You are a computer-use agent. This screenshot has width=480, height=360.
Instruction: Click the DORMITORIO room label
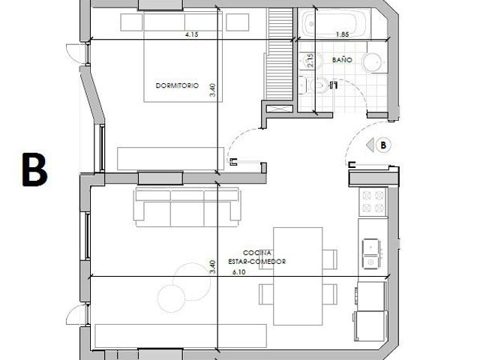(177, 85)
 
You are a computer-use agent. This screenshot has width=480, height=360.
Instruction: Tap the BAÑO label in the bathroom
(342, 60)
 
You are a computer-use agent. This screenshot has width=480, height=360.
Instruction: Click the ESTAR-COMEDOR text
(256, 262)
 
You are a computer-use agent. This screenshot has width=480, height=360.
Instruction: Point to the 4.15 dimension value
(192, 34)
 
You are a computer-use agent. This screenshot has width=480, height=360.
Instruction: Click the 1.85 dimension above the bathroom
(342, 34)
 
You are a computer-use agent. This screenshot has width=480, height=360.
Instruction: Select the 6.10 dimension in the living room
(238, 271)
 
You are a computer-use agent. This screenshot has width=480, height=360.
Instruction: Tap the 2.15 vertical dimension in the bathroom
(310, 60)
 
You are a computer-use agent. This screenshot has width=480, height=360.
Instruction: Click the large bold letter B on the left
(35, 169)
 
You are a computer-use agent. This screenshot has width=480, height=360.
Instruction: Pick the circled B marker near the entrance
(383, 145)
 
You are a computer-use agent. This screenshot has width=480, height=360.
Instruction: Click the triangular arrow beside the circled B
(370, 145)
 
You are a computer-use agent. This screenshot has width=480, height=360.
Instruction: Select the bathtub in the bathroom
(334, 23)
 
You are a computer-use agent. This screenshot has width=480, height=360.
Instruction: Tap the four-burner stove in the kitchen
(373, 202)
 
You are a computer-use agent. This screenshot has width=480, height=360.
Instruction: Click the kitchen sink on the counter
(372, 254)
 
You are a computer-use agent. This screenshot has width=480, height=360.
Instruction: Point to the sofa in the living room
(187, 207)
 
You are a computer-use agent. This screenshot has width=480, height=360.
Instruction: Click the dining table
(298, 276)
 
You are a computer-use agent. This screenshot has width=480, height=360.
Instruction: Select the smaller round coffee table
(172, 298)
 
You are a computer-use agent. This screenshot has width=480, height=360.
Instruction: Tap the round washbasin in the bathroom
(373, 62)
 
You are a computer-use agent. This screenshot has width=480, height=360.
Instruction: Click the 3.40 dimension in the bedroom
(212, 90)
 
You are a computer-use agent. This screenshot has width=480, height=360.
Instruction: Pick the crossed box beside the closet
(280, 109)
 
